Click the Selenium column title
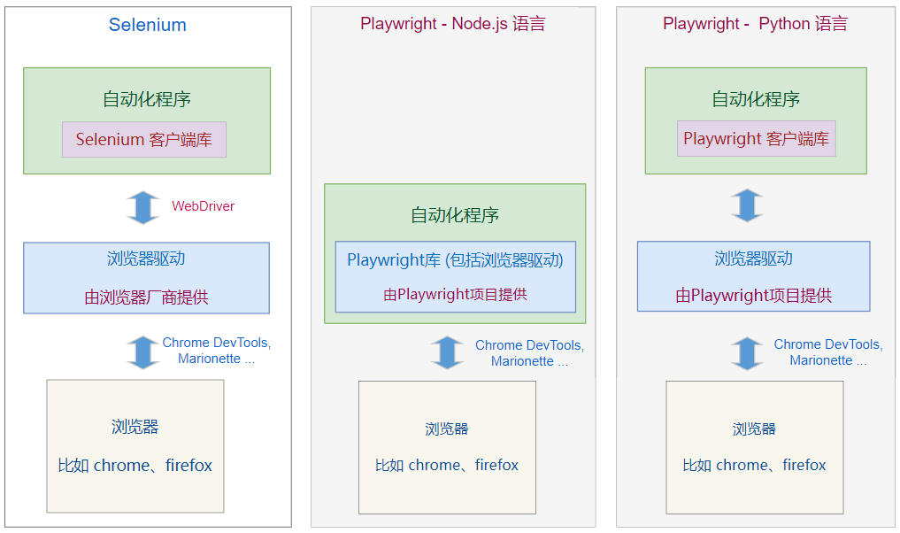(147, 25)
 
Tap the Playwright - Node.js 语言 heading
(452, 24)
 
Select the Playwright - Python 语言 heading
(755, 24)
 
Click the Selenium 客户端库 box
(144, 139)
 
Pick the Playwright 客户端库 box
(756, 139)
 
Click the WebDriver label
(203, 206)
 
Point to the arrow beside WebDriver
(142, 206)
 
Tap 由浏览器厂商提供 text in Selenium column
(146, 297)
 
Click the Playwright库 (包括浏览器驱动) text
(455, 260)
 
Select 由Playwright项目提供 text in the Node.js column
(455, 295)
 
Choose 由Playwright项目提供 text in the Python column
(753, 296)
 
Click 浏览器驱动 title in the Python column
(753, 259)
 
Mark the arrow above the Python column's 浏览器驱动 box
(748, 205)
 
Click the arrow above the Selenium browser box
(142, 351)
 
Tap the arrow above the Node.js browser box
(447, 352)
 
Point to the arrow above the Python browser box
(748, 352)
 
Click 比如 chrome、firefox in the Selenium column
(135, 466)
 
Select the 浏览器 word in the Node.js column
(446, 429)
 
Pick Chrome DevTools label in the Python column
(827, 344)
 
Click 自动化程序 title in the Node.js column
(455, 215)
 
